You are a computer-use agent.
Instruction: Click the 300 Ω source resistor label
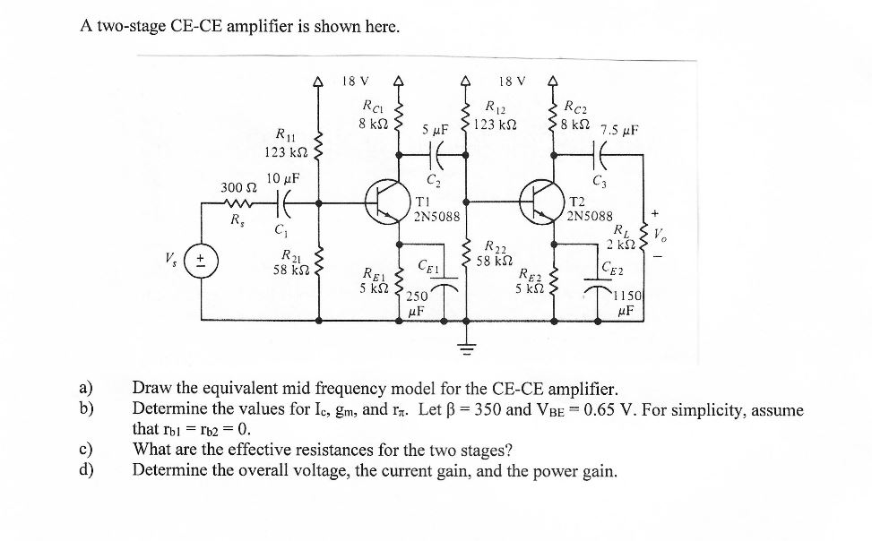tap(237, 186)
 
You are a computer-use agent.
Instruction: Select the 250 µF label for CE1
tap(417, 304)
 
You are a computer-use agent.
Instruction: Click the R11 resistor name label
tap(287, 135)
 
